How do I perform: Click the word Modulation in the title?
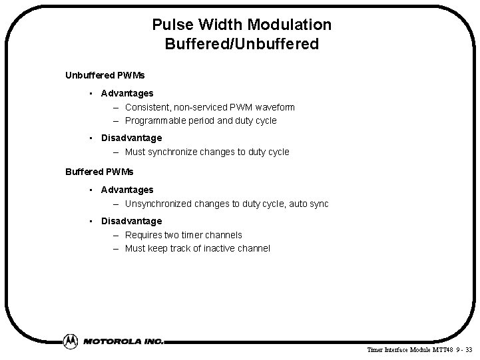pyautogui.click(x=290, y=25)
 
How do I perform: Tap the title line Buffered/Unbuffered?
pyautogui.click(x=242, y=45)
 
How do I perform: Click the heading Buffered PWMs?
pyautogui.click(x=94, y=171)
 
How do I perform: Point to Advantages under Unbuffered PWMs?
pyautogui.click(x=127, y=93)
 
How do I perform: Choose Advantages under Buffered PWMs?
pyautogui.click(x=127, y=190)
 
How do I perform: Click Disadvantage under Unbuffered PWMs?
pyautogui.click(x=131, y=138)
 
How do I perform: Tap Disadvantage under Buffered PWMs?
pyautogui.click(x=131, y=221)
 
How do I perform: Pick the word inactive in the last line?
pyautogui.click(x=212, y=248)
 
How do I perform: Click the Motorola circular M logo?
pyautogui.click(x=70, y=341)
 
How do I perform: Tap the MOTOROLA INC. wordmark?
pyautogui.click(x=123, y=341)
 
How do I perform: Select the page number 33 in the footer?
pyautogui.click(x=470, y=349)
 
